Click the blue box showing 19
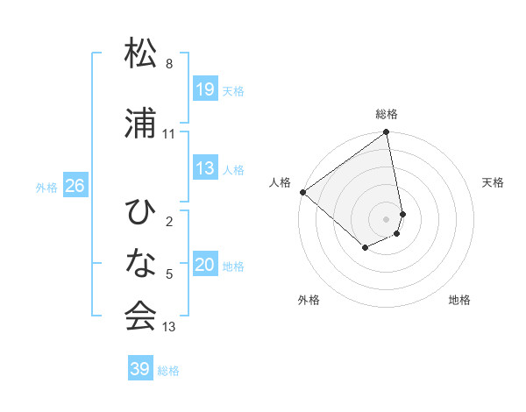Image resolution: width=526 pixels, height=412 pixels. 205,89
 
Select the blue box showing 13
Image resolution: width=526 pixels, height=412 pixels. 205,168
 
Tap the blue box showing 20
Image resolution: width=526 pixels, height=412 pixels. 205,265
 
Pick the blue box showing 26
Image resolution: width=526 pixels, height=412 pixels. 75,186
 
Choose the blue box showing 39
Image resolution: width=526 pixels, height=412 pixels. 139,369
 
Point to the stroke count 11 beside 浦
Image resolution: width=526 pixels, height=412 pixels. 169,134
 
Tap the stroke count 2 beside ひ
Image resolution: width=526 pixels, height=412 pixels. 169,222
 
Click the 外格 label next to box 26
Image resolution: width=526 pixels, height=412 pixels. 46,187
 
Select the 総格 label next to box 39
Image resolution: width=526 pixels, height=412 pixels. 168,371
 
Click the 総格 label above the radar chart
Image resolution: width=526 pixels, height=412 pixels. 387,114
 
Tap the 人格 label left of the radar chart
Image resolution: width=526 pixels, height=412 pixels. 281,182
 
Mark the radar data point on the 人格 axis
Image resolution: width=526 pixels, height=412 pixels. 302,192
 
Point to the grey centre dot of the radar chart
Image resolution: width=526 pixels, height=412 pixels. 387,218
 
